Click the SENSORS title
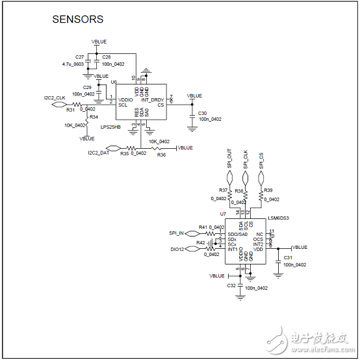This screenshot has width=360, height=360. click(77, 19)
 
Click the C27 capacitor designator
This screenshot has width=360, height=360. click(80, 57)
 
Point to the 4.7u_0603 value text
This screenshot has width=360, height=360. click(73, 64)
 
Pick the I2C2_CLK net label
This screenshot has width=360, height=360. click(55, 97)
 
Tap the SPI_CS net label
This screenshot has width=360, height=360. click(262, 160)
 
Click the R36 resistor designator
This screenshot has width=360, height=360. click(161, 155)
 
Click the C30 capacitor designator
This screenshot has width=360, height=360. click(203, 112)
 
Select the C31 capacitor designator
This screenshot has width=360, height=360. click(289, 257)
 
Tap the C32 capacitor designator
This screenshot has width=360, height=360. click(231, 285)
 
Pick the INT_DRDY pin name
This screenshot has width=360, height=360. click(153, 99)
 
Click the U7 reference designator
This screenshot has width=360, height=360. click(223, 213)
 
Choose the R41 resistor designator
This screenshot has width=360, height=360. click(203, 227)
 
